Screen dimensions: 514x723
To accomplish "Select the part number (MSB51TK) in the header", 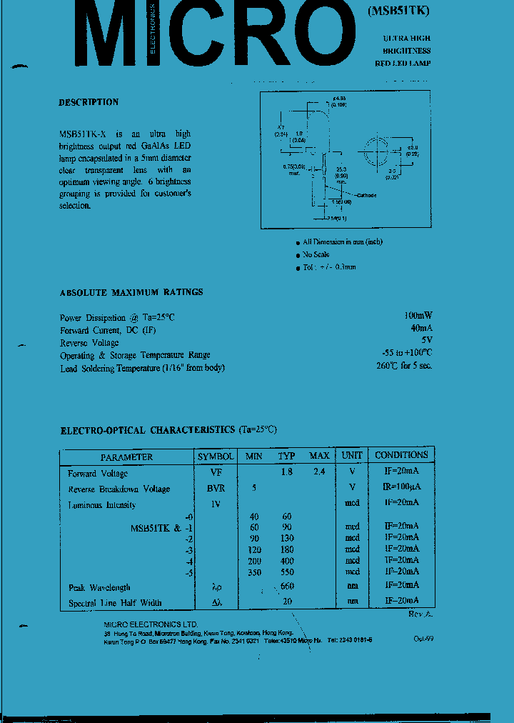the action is pos(400,11).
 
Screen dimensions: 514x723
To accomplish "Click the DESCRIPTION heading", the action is pos(89,102).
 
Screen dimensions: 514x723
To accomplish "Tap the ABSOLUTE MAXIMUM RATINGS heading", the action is pos(131,292).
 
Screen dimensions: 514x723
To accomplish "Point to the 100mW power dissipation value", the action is pos(417,316).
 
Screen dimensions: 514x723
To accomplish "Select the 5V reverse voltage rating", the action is pos(426,341).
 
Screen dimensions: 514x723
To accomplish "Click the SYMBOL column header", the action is pos(215,456).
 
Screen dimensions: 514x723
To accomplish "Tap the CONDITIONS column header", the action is pos(401,455).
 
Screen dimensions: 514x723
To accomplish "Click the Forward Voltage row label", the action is pos(98,474).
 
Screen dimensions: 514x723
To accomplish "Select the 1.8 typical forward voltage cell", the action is pos(286,472).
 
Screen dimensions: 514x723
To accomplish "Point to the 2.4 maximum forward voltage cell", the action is pos(318,472).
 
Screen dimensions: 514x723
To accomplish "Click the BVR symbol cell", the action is pos(215,489).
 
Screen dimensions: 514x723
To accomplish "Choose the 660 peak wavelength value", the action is pos(287,587).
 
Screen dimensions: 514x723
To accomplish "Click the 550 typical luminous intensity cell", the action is pos(286,572).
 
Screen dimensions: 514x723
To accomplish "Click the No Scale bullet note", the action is pos(316,254).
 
